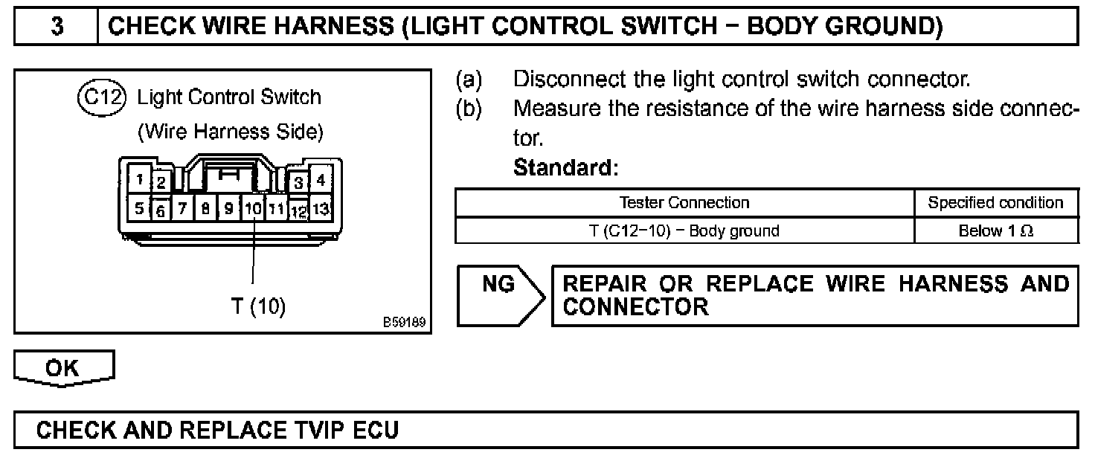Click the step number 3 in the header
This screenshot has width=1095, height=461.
click(57, 26)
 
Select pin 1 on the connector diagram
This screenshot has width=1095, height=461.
click(139, 179)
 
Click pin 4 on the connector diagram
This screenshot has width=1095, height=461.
click(321, 179)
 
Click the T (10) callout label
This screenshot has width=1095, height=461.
click(258, 306)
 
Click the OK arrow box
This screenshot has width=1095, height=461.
click(65, 368)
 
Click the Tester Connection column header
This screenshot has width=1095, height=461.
click(684, 202)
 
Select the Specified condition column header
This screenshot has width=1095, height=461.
click(995, 202)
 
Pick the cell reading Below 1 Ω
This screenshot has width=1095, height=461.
click(995, 230)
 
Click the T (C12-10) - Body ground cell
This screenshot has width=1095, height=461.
click(684, 230)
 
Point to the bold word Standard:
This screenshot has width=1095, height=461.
click(565, 168)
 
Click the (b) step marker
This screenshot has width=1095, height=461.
click(469, 109)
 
